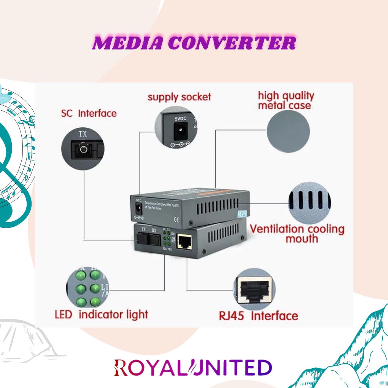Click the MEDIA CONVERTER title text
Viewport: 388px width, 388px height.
coord(194,43)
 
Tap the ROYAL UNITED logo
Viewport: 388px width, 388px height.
coord(193,368)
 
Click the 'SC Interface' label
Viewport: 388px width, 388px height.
coord(89,113)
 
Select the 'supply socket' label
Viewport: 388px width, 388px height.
coord(179,97)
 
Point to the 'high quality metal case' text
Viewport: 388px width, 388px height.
coord(286,100)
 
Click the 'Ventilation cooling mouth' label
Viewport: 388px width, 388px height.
coord(297,234)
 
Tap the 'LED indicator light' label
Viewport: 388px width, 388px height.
coord(101,315)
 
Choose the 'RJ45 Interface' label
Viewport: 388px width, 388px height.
coord(258,316)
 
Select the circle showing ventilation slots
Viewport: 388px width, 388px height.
coord(309,203)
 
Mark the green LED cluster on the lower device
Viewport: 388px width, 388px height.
coord(166,238)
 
